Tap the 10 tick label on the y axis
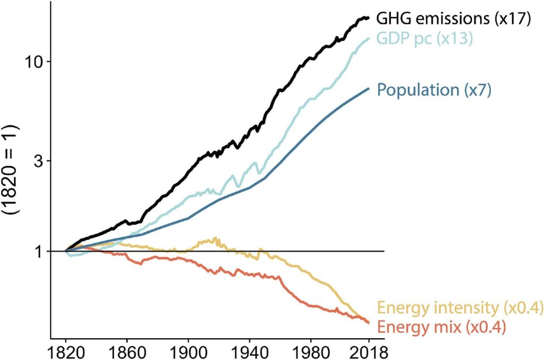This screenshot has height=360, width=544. [x=36, y=61]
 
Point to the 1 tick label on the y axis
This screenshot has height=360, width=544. [x=41, y=251]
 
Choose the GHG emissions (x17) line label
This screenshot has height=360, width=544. [x=454, y=19]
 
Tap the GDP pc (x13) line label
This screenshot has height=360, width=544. [x=424, y=39]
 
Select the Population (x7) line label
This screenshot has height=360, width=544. [x=434, y=89]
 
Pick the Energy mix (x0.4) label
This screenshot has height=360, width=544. [x=438, y=326]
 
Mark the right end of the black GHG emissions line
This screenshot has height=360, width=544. [x=368, y=18]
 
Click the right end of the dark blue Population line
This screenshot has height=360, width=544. [x=369, y=88]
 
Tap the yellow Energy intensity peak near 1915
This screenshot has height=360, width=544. [x=215, y=238]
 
